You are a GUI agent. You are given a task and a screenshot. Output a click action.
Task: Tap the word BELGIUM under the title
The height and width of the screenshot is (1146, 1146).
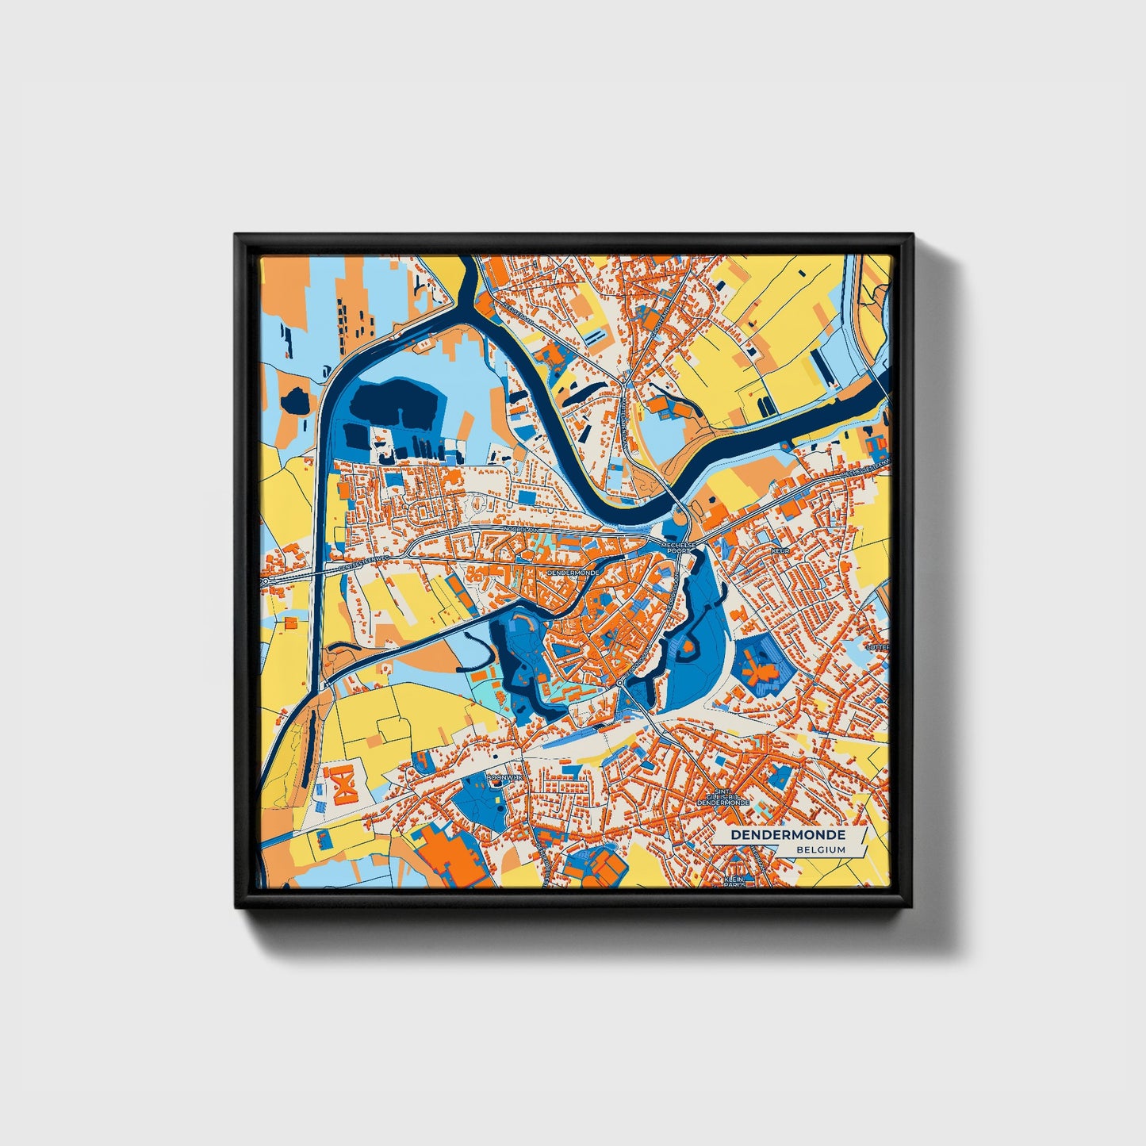point(822,849)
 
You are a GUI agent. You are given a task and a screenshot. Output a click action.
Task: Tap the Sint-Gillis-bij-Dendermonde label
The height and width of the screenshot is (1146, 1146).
point(722,797)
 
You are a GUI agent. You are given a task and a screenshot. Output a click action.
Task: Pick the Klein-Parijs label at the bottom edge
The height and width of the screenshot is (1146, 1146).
point(735,882)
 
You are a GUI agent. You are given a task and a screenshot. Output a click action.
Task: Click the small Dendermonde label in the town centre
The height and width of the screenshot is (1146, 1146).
point(572,571)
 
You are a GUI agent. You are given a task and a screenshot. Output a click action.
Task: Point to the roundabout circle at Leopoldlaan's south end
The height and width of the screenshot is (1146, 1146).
point(619,683)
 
